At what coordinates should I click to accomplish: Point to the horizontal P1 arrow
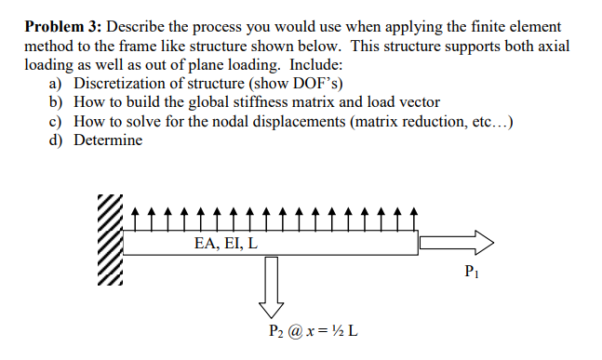click(x=457, y=243)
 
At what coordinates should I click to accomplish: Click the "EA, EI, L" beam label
click(x=226, y=243)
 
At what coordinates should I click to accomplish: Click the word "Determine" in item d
click(x=109, y=140)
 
